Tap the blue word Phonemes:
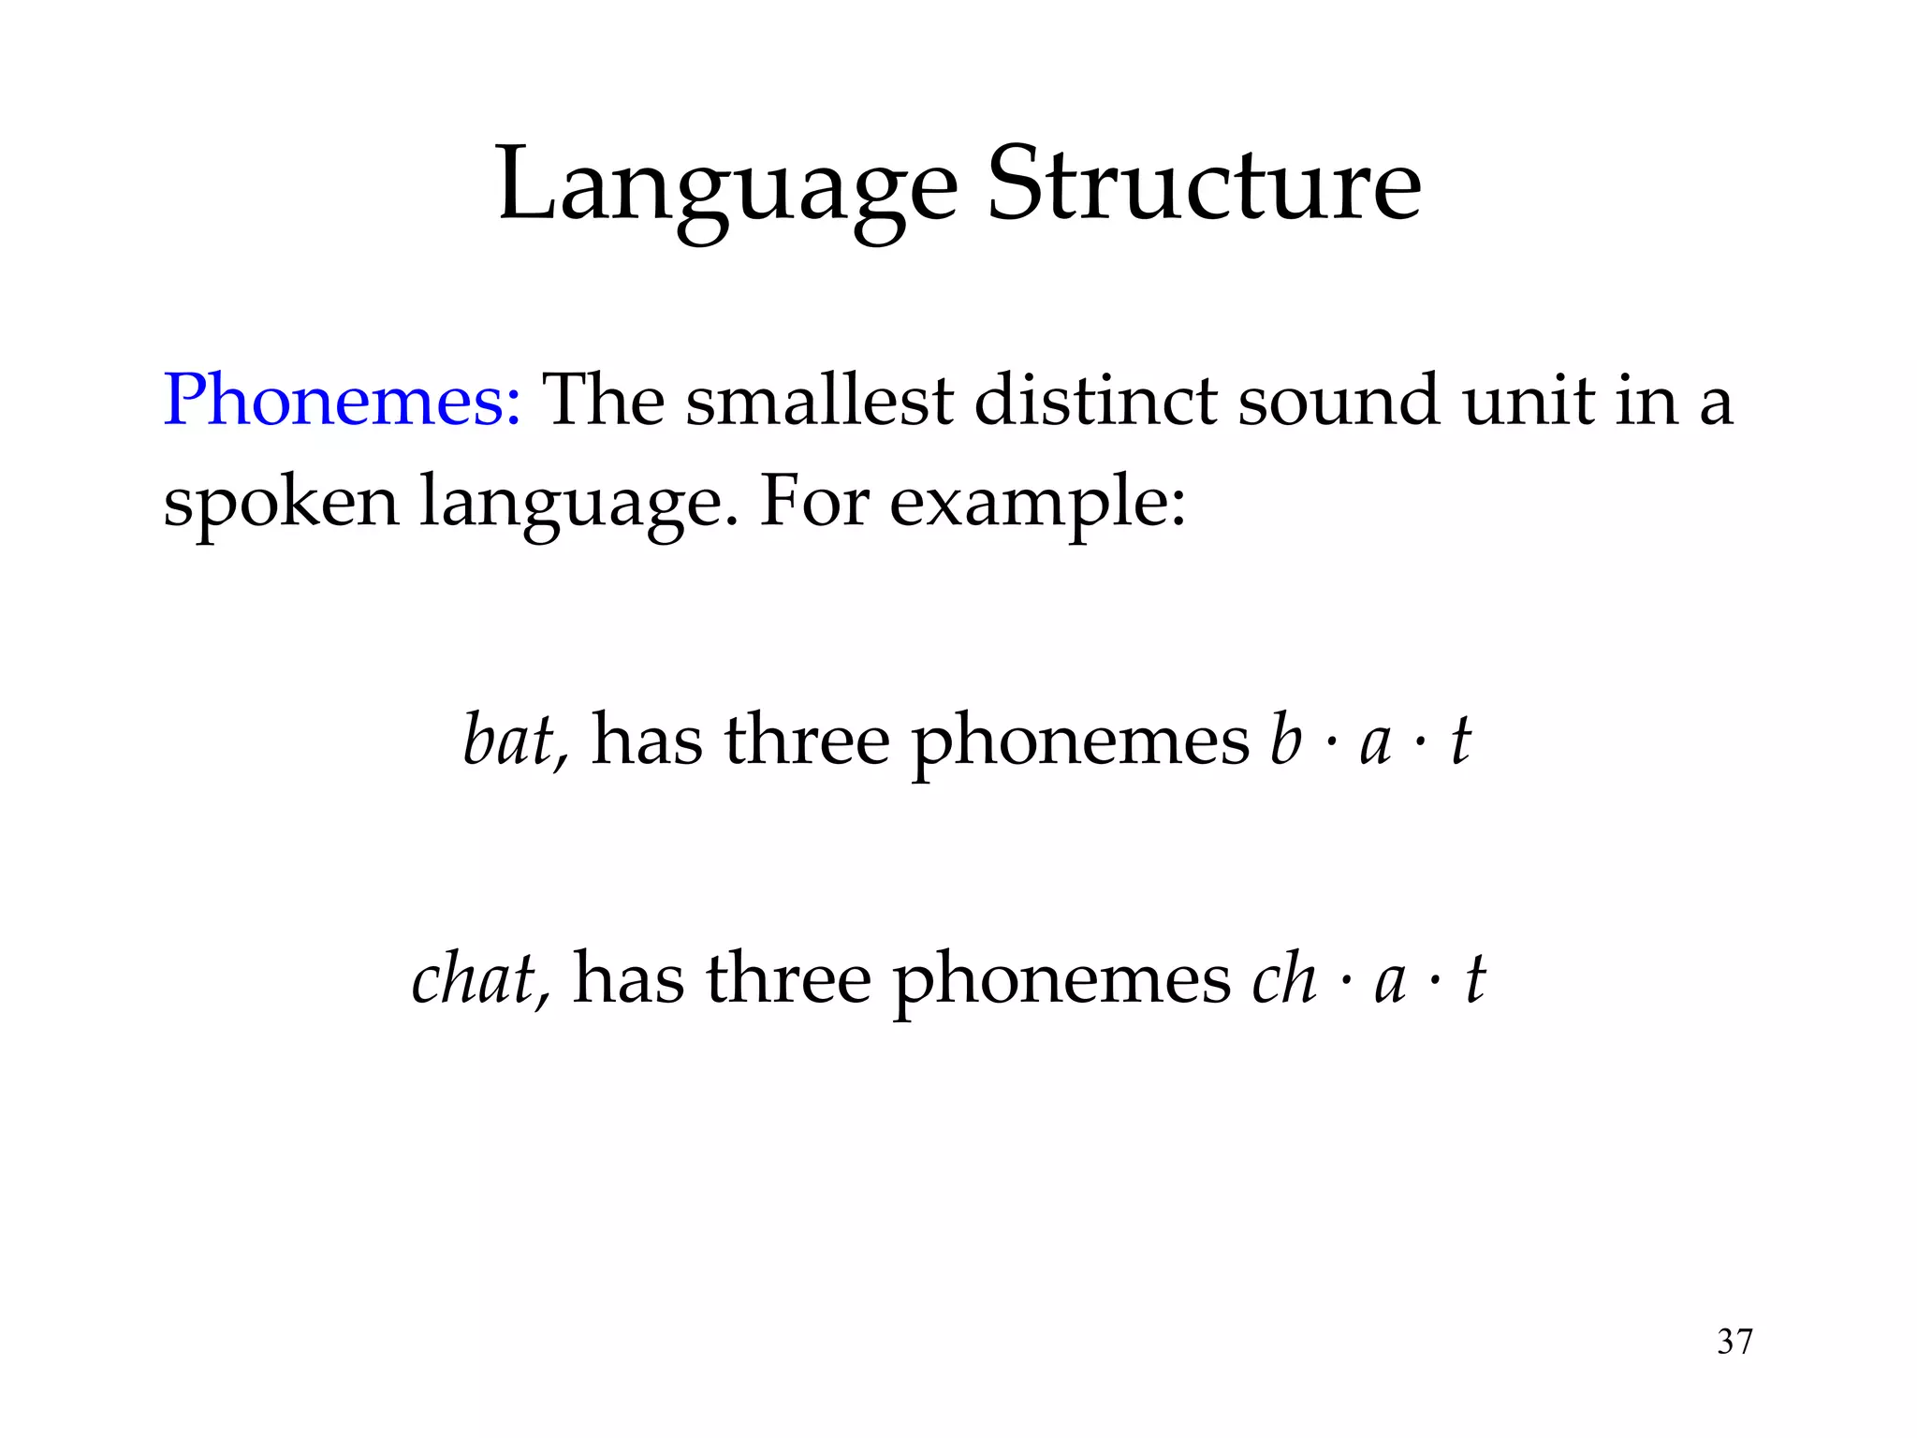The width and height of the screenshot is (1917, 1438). (342, 401)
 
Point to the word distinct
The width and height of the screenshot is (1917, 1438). (1096, 401)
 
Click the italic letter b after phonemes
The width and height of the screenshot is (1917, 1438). (1285, 741)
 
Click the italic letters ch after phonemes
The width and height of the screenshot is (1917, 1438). (1284, 979)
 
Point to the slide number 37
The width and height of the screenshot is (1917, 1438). (1734, 1342)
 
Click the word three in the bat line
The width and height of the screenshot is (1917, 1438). (807, 741)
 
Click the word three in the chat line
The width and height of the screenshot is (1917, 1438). (788, 979)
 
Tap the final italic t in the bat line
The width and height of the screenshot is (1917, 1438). (1460, 741)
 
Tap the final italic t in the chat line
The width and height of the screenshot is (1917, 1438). (1475, 979)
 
